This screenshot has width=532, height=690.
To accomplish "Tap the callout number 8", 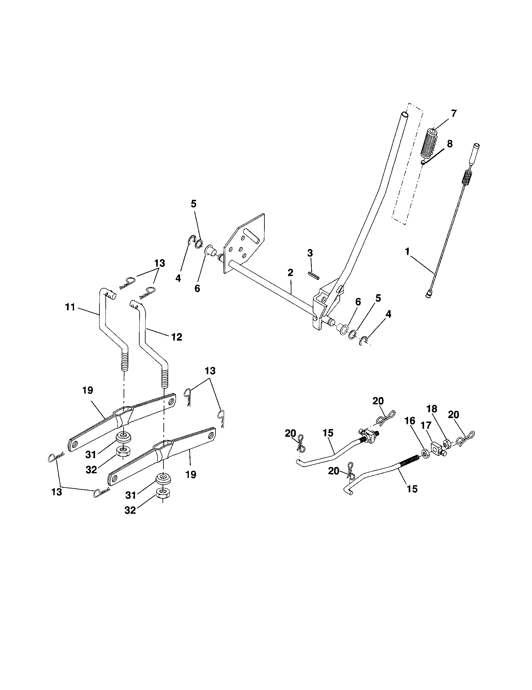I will click(x=449, y=144).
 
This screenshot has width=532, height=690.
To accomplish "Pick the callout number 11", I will click(x=70, y=307).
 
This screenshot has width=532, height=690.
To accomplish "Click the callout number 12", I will click(x=177, y=337).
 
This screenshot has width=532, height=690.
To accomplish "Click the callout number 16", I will click(x=409, y=430).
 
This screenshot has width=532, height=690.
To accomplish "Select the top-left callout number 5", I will click(x=193, y=204).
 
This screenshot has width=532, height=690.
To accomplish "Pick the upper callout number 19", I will click(x=88, y=390).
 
